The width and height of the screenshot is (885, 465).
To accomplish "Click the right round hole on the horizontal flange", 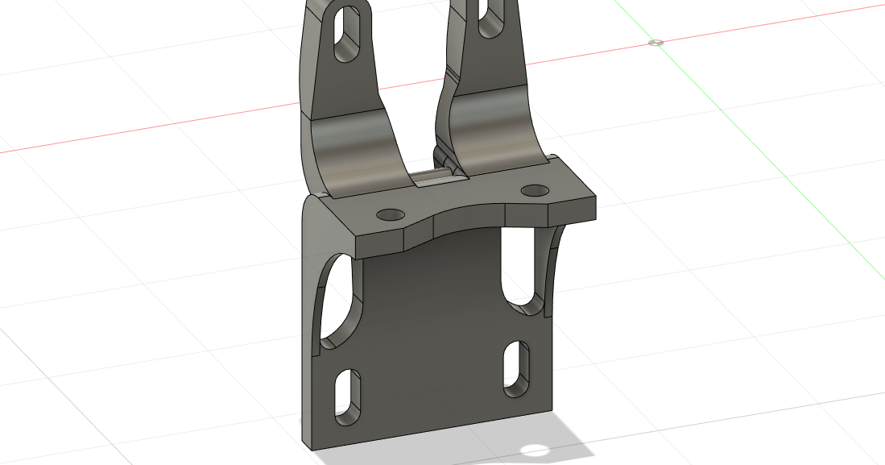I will pos(533,191).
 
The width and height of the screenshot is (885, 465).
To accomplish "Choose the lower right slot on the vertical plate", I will pos(515,367).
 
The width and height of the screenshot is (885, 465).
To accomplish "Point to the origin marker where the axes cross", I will pos(656,42).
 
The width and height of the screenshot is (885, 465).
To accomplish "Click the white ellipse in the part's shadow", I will pos(534,450).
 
